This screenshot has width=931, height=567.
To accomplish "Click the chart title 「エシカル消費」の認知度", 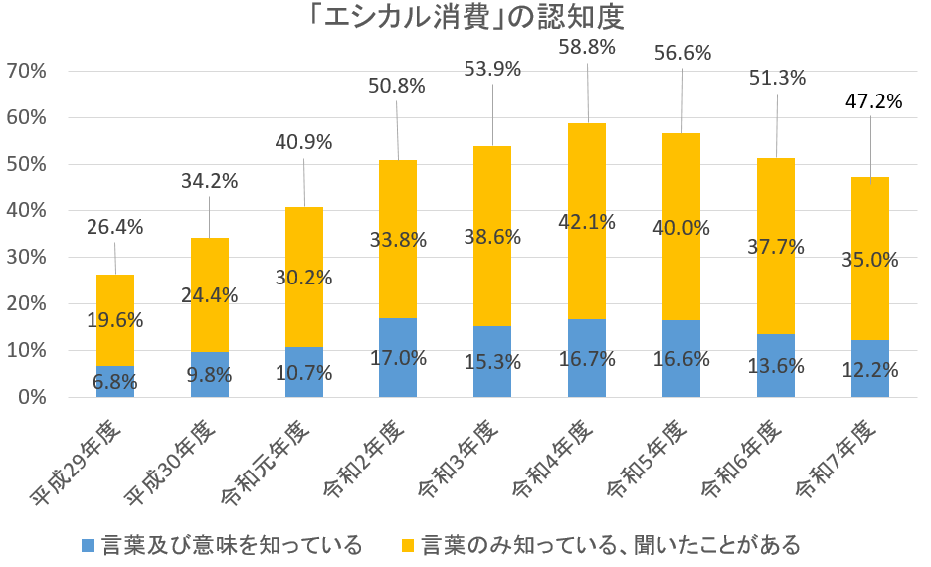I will click(x=465, y=19).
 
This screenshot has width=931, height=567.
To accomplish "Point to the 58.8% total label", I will click(x=587, y=47).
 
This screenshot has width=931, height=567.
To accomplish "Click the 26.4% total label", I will click(x=114, y=227).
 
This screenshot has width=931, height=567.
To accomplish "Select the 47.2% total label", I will click(x=870, y=101).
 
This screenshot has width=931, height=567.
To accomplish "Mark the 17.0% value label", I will click(x=398, y=358).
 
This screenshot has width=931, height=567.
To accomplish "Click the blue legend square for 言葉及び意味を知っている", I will click(x=88, y=545).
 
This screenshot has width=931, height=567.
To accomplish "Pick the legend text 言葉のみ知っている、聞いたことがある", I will click(x=611, y=545).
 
